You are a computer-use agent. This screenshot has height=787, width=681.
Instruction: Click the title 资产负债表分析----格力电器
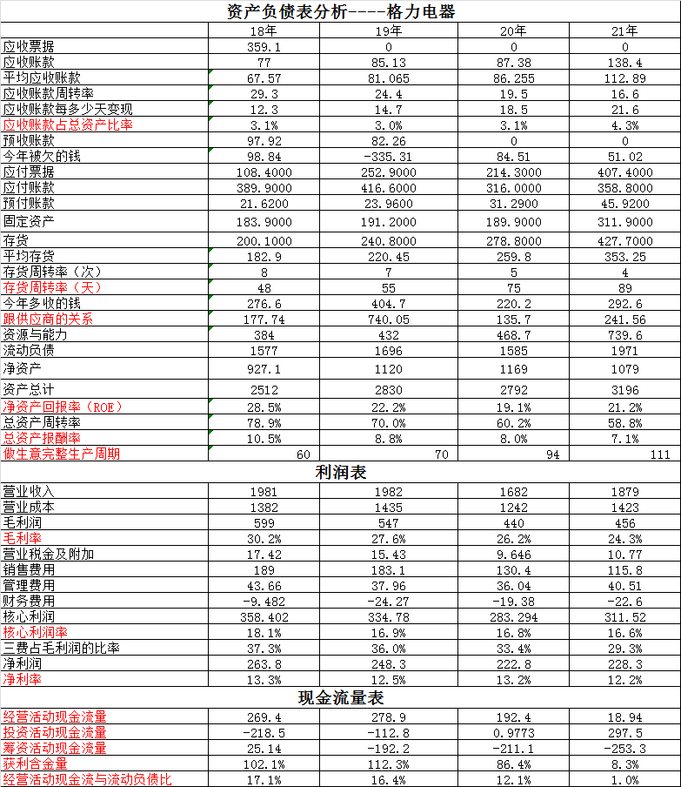pos(340,11)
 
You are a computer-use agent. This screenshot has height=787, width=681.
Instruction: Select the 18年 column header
pos(264,30)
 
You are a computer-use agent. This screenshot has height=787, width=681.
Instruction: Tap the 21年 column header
pos(624,30)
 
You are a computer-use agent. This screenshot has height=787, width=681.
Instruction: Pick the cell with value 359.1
pos(264,47)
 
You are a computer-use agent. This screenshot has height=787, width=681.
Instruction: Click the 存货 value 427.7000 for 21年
pos(624,240)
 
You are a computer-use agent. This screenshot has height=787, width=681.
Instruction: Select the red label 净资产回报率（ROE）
pos(63,407)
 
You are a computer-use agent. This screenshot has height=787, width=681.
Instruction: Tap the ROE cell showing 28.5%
pos(264,407)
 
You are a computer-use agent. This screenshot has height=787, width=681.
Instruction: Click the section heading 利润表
pos(340,473)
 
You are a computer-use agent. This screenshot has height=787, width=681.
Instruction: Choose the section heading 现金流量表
pos(340,698)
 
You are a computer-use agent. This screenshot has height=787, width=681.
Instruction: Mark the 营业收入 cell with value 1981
pos(264,492)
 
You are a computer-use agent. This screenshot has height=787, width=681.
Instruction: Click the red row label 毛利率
pos(23,539)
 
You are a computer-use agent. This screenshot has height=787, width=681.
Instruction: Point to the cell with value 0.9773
pos(513,732)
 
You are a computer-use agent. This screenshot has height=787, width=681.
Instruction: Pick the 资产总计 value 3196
pos(624,389)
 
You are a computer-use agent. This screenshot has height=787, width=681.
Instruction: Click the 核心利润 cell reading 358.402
pos(264,616)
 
